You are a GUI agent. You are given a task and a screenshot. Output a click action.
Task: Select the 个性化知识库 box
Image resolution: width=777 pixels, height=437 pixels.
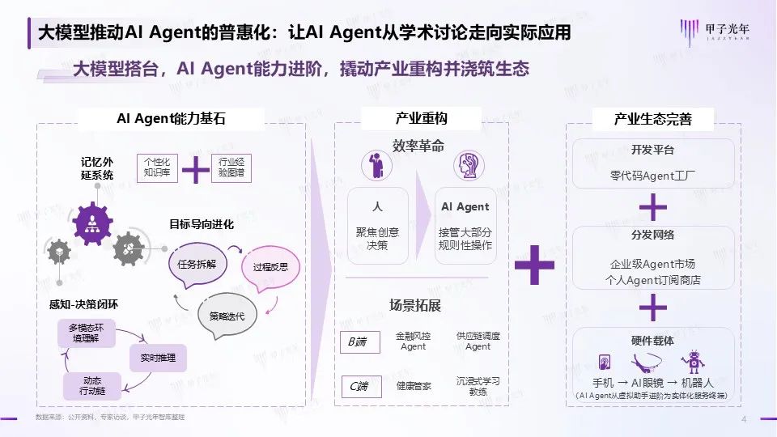tap(155, 167)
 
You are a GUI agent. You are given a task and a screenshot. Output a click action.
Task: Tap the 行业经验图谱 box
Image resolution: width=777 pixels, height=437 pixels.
tap(231, 167)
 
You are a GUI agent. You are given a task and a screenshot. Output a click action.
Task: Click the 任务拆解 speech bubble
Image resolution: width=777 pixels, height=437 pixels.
tap(197, 264)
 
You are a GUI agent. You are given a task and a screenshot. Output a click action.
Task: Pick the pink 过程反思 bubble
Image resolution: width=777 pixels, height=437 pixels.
tap(271, 266)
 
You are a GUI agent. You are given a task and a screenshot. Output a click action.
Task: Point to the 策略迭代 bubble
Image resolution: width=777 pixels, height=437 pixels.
tap(227, 315)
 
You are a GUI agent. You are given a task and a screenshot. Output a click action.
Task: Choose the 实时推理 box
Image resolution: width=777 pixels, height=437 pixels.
tap(158, 357)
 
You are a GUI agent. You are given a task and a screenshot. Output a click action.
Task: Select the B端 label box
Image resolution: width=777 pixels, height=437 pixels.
tap(359, 342)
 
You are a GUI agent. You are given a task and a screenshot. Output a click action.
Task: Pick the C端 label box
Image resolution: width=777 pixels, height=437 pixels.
tap(359, 386)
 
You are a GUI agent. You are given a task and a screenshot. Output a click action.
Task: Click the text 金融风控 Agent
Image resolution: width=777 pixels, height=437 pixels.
tap(413, 341)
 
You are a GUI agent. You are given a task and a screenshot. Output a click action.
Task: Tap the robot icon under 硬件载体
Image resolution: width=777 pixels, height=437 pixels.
tap(690, 362)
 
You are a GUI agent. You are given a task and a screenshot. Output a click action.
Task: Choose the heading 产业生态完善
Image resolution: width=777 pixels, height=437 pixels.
tap(652, 120)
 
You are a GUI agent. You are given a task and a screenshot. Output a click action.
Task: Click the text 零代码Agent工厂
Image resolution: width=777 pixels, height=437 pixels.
tap(652, 175)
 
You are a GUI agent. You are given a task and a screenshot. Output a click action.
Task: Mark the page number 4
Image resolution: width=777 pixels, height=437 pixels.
tap(743, 418)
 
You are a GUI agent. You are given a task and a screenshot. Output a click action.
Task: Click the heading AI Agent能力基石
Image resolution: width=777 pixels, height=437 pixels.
tap(171, 119)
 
